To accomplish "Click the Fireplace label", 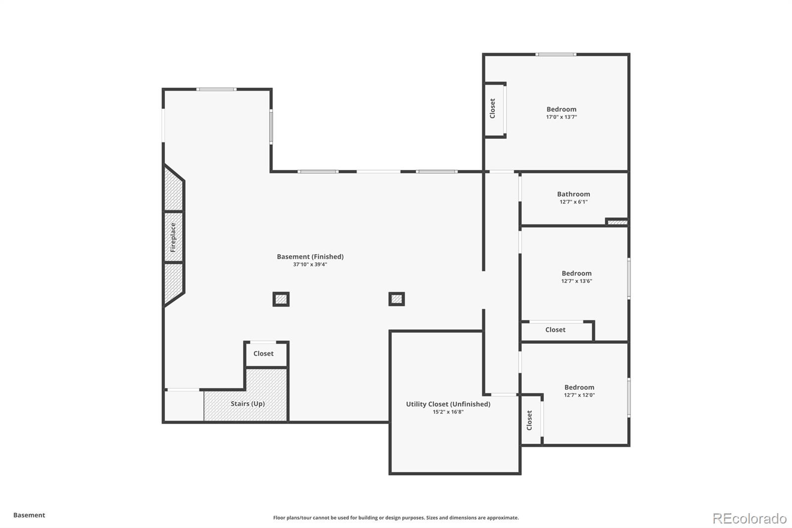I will tap(173, 237).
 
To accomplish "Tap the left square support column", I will tap(281, 299).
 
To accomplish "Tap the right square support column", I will tap(396, 299).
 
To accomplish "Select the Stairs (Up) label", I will tap(247, 404).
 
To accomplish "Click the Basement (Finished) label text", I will tap(310, 257).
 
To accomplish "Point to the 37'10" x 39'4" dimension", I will tap(310, 264).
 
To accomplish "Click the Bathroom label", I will tap(573, 194).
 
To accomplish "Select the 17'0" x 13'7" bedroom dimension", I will tap(561, 117).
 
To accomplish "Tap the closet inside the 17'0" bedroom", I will tap(493, 108).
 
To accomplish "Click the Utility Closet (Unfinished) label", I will tap(448, 404).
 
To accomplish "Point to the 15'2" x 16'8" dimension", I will tap(448, 412).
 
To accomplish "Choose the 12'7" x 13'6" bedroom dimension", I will tap(577, 281).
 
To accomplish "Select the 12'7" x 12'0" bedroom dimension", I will tap(579, 395).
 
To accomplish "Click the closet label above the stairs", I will tap(263, 354).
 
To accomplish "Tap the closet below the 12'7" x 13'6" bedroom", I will tap(555, 330).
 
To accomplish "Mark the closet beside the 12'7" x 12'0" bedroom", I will tap(530, 420).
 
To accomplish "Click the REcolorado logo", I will tap(749, 518).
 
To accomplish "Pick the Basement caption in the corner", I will tap(29, 515).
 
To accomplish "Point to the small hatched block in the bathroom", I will tap(617, 222).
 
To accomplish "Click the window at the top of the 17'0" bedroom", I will tap(555, 54).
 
